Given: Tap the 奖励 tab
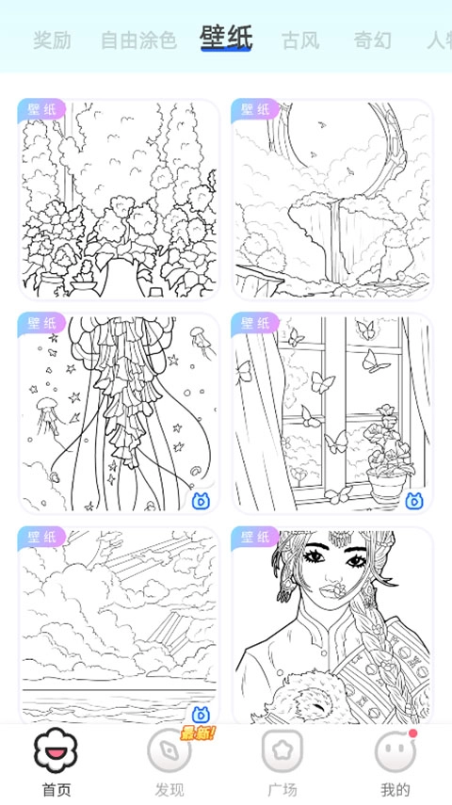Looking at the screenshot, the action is coord(52,40).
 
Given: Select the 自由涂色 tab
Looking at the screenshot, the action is coord(138,40).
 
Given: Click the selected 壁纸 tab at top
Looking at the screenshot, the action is coord(226,39).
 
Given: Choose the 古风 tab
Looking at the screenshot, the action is coord(300,40).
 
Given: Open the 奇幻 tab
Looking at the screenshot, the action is coord(372,40).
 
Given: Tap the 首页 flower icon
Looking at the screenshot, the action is coord(56,750).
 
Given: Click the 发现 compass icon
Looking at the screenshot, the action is coord(169,750).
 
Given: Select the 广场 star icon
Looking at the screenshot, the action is coord(282,750).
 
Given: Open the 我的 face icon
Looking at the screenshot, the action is coord(395,750).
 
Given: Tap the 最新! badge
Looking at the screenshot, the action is coord(198,733).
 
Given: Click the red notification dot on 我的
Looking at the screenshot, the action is coord(413,733).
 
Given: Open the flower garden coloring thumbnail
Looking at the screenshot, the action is coord(119,200).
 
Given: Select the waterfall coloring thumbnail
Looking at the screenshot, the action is coord(332,200).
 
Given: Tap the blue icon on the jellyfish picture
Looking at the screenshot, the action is coord(201,501).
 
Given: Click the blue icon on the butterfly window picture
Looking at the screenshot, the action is coord(414,501).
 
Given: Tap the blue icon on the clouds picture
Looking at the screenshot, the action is coord(201,714).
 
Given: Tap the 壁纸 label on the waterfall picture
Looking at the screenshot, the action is coord(255,110).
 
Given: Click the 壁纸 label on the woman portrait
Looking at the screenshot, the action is coord(255,538).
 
